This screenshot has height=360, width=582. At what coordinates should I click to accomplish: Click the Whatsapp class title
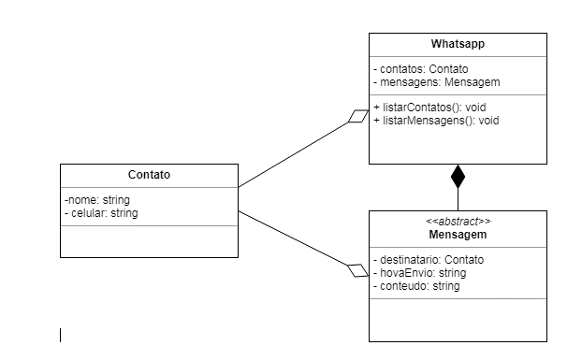[x=458, y=44]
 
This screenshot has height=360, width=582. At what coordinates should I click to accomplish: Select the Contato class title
[x=149, y=175]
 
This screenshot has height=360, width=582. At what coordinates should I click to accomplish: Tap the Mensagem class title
[x=458, y=235]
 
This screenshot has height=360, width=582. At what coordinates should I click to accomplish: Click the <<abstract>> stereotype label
[x=458, y=222]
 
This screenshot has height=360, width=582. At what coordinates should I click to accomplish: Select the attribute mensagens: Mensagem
[x=428, y=81]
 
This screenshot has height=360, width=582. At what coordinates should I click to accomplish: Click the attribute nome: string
[x=97, y=200]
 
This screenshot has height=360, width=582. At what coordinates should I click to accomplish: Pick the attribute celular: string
[x=102, y=213]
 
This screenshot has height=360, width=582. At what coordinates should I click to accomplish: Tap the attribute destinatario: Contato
[x=429, y=259]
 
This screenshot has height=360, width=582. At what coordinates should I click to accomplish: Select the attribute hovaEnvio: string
[x=419, y=272]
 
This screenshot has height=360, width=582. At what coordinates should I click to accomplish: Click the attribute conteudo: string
[x=416, y=285]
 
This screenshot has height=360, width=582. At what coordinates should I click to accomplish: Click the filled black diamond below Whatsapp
[x=458, y=176]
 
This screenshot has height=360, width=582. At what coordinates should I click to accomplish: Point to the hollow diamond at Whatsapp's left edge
[x=358, y=117]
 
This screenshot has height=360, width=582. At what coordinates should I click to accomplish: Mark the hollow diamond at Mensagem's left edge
[x=358, y=270]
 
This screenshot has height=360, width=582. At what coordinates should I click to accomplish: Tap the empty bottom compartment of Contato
[x=149, y=240]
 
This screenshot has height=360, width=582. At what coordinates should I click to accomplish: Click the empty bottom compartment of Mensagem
[x=458, y=320]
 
